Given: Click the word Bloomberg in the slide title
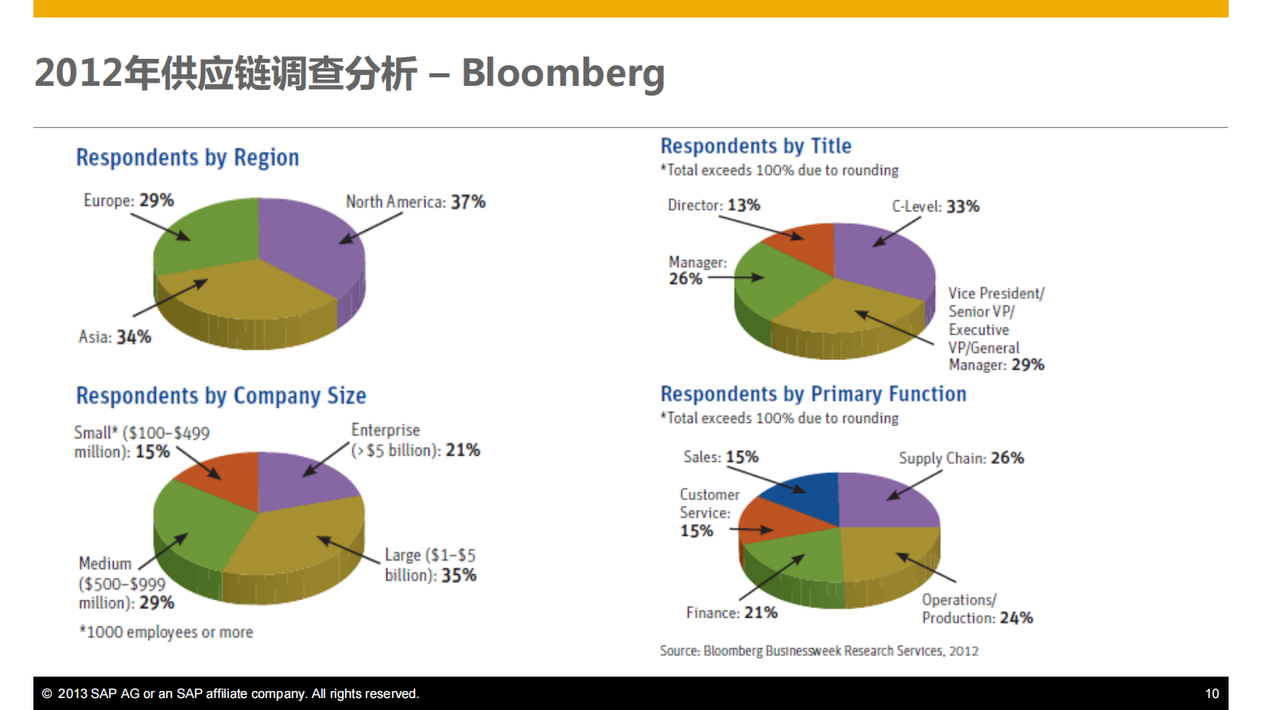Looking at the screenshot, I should point(562,73).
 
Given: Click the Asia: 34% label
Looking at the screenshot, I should point(115,337).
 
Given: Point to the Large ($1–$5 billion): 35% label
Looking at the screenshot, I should point(430,565).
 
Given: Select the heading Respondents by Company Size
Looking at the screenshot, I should point(221,395).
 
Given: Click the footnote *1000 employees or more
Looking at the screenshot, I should point(166,632).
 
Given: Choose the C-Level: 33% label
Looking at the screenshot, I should point(935,207).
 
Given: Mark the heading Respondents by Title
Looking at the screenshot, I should point(755,146).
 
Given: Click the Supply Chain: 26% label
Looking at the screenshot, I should point(961,458).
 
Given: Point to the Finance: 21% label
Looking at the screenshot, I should point(732,613).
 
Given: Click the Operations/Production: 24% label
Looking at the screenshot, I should point(977,609).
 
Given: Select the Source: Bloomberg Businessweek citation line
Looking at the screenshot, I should point(819,651).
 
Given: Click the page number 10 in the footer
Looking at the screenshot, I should point(1212,693).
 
